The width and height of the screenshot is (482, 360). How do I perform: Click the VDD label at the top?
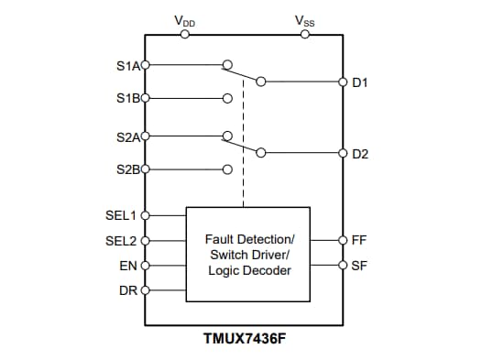[x=184, y=21]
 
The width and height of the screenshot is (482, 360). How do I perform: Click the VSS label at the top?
[x=305, y=20]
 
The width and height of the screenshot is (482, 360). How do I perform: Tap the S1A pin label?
[x=126, y=66]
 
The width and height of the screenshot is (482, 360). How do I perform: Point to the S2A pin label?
[x=126, y=137]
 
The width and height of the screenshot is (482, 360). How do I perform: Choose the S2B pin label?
[x=126, y=169]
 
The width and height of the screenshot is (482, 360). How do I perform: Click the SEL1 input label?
[x=121, y=216]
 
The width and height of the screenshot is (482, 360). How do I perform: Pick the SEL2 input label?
[x=121, y=241]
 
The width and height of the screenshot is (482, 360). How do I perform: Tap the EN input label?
[x=127, y=266]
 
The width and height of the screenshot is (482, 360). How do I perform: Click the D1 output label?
[x=360, y=82]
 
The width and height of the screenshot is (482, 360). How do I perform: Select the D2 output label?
[x=360, y=153]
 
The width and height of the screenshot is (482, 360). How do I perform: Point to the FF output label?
[x=359, y=241]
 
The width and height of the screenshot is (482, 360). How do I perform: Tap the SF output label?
[x=359, y=266]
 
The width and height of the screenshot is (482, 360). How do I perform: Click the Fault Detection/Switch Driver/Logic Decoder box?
[x=249, y=254]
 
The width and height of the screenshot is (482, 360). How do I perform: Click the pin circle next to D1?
[x=343, y=82]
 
